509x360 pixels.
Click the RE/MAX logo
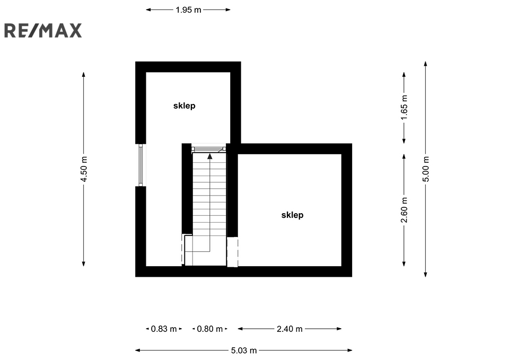pos(43,31)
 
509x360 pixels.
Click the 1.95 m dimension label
pos(188,10)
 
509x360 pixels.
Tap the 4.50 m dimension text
pos(84,169)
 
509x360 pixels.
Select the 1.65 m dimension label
pos(404,107)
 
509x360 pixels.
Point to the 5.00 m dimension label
pos(426,169)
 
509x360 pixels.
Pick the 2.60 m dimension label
pos(404,210)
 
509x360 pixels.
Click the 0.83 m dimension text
pos(164,329)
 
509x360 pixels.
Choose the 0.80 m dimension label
pos(210,329)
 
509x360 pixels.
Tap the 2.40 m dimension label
pos(289,329)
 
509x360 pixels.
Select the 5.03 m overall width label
pos(244,350)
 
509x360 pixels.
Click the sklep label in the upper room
pos(185,106)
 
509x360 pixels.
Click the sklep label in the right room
pos(292,215)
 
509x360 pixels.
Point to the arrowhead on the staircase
pos(210,156)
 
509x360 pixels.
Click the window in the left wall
pos(141,165)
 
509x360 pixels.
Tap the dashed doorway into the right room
pos(232,252)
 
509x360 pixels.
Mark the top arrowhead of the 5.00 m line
pos(426,63)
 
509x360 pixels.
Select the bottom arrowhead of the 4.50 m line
pos(84,264)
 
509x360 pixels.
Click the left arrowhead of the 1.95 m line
pos(148,10)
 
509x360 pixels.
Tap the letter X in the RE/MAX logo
pos(75,31)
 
